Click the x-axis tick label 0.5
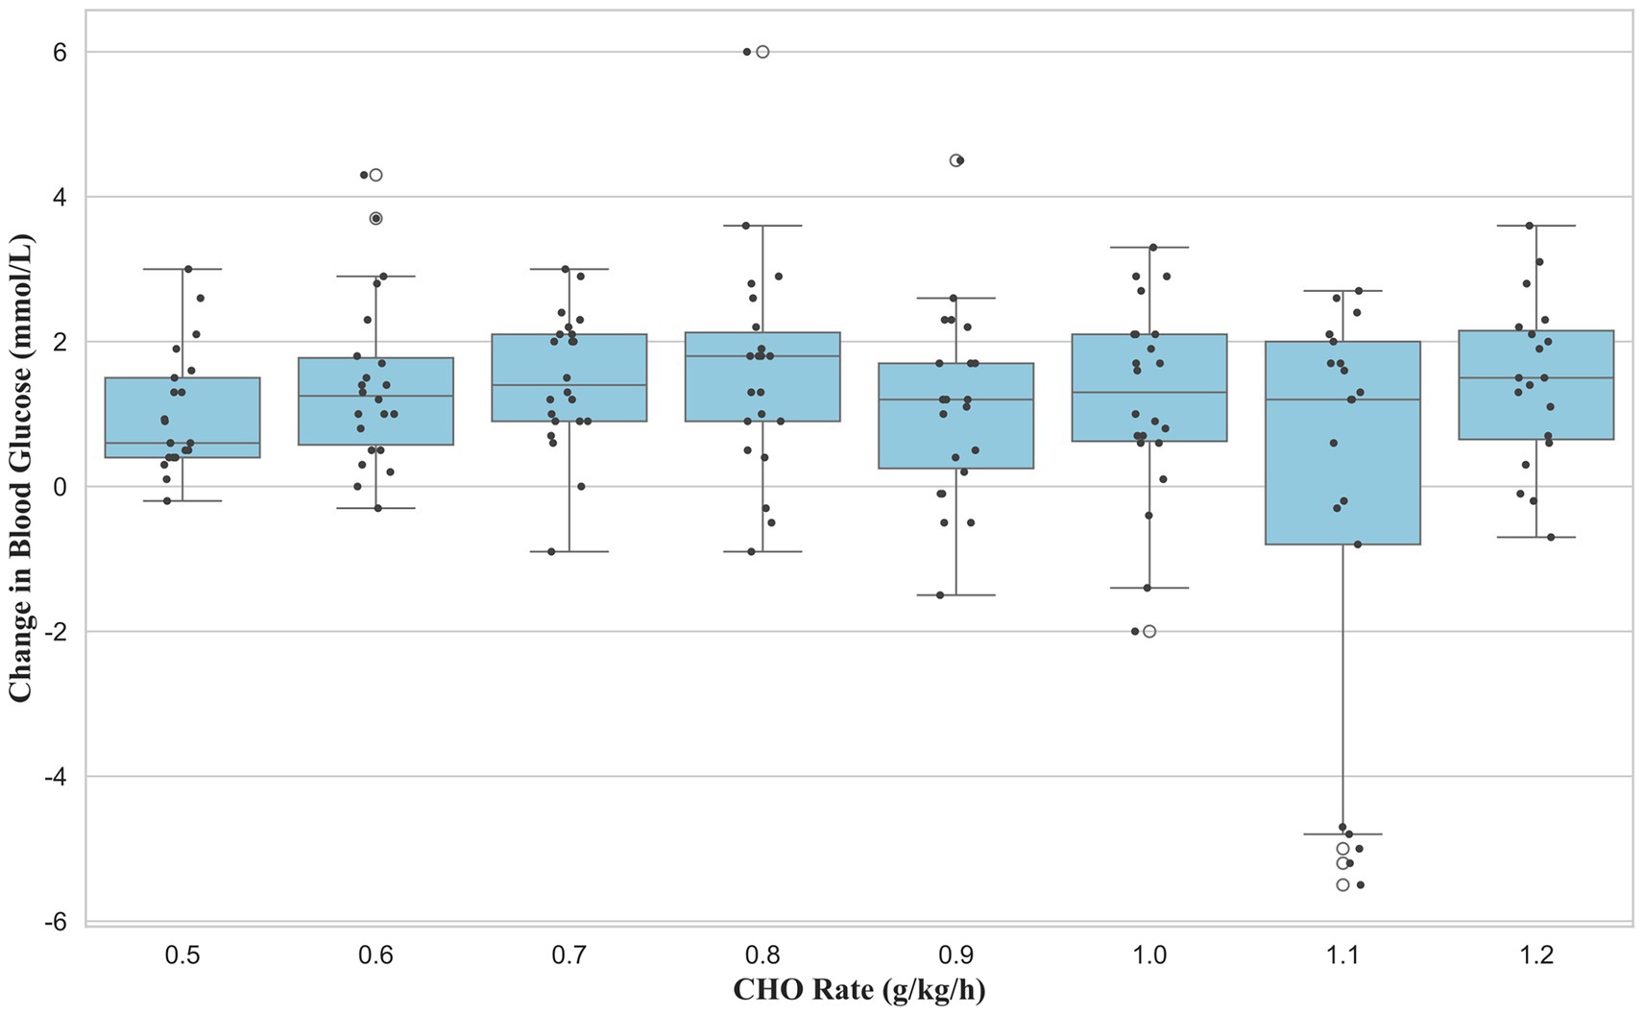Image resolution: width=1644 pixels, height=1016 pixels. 182,956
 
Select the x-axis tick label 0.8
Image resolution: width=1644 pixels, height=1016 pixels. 762,956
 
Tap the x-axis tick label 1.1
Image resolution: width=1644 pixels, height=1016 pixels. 1342,956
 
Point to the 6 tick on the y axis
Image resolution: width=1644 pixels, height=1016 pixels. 60,52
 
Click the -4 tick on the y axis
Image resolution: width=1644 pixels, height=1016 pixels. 56,776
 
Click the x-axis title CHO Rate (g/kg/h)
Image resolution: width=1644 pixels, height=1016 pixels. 858,989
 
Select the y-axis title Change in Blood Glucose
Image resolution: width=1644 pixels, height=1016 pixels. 21,467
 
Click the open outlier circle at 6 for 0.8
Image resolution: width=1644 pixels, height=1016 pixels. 762,52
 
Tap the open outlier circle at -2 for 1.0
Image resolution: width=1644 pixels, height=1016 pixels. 1149,631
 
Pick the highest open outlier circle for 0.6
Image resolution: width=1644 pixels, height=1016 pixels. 376,175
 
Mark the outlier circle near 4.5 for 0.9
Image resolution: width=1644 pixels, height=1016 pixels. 955,160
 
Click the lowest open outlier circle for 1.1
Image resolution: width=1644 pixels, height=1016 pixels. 1342,884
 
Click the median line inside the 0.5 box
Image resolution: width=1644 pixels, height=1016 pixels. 182,443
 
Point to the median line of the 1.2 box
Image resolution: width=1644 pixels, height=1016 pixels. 1536,377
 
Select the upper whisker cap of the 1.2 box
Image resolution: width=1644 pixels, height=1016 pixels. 1536,226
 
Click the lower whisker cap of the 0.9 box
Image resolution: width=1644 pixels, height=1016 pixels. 956,595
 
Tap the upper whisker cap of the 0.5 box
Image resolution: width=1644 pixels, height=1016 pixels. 182,269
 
